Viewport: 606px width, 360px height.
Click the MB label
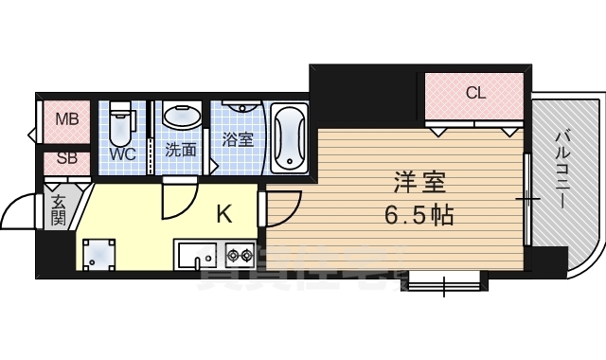pos(66,119)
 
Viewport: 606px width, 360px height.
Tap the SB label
pos(66,158)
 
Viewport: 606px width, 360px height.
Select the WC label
pos(121,153)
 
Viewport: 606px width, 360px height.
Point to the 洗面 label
pos(180,150)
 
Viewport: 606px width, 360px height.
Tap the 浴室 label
pos(237,139)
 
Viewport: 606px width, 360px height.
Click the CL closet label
pos(475,93)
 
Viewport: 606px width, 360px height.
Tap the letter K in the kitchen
pos(223,214)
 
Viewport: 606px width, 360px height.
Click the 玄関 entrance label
pos(58,210)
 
